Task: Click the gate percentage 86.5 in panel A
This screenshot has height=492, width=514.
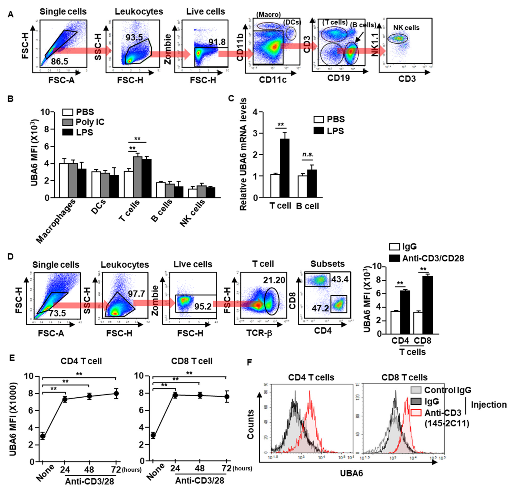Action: pyautogui.click(x=59, y=61)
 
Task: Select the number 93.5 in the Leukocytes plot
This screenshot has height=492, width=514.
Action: pyautogui.click(x=134, y=37)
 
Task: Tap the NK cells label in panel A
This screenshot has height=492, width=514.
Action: pyautogui.click(x=406, y=28)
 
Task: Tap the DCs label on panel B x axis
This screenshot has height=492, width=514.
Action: pyautogui.click(x=99, y=207)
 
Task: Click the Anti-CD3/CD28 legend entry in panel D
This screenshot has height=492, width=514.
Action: pyautogui.click(x=433, y=258)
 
